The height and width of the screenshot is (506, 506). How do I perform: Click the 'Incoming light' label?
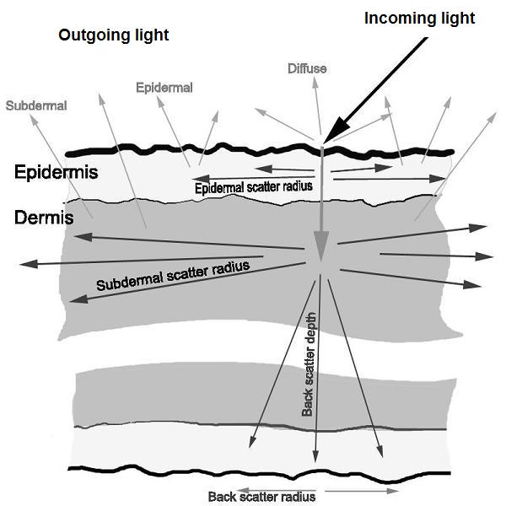(x=419, y=18)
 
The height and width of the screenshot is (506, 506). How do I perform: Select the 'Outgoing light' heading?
(x=114, y=35)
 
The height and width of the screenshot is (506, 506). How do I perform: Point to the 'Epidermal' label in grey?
(x=164, y=87)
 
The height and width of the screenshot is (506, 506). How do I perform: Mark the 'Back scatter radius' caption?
(x=261, y=497)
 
